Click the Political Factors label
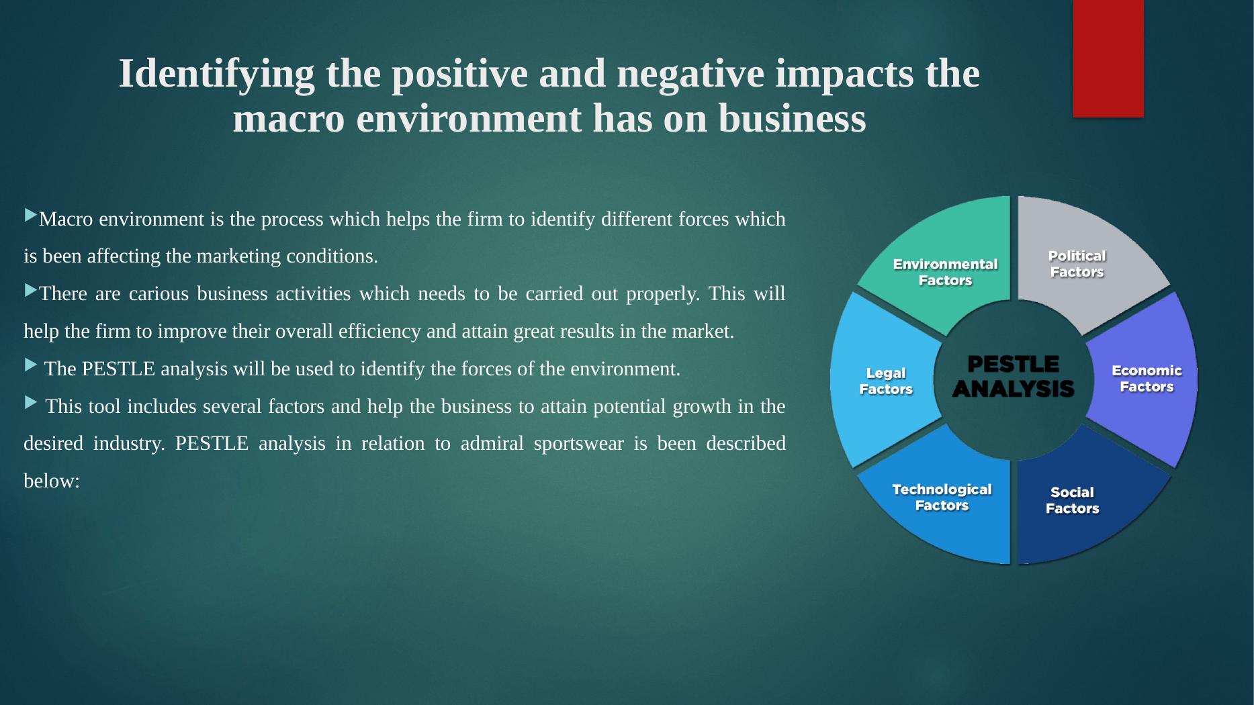pos(1077,264)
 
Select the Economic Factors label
pos(1147,379)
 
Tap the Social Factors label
pos(1072,500)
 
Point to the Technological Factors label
pos(942,498)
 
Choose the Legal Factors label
pos(886,381)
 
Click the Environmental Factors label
pos(945,272)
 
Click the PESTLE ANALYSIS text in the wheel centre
pos(1013,377)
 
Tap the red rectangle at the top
pos(1108,58)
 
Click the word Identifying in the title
pos(216,74)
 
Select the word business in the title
pos(792,119)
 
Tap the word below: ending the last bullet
pos(52,481)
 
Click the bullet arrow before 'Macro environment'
pos(31,215)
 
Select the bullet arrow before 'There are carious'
pos(31,290)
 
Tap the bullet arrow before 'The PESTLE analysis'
pos(31,365)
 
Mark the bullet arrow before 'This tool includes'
pos(31,402)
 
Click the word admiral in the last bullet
pos(492,443)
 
